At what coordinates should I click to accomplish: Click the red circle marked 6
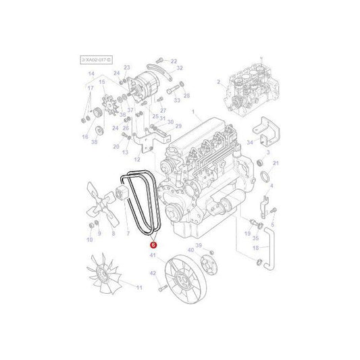(x=153, y=247)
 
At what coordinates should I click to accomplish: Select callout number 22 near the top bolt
(x=174, y=61)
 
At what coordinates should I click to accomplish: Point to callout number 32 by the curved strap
(x=180, y=68)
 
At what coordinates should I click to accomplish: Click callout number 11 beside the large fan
(x=140, y=288)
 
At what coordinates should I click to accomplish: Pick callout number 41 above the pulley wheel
(x=153, y=255)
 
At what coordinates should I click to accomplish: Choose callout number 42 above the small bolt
(x=153, y=274)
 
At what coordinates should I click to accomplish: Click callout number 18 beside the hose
(x=255, y=248)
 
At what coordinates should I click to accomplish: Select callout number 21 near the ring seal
(x=275, y=164)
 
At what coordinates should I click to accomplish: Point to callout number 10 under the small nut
(x=89, y=240)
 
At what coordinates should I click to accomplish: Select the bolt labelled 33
(x=174, y=88)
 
